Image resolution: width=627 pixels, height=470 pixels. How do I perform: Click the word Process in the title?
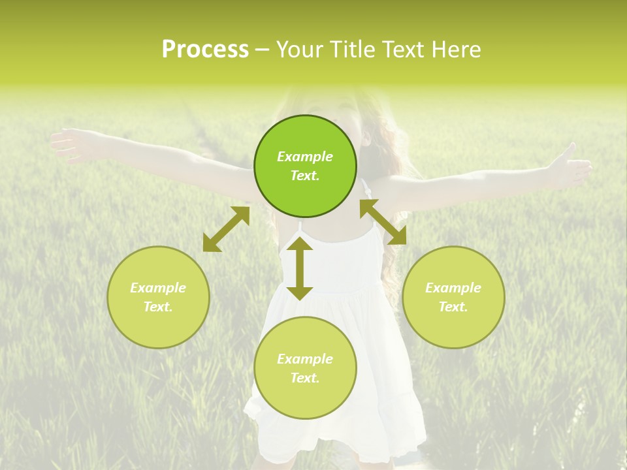coord(205,50)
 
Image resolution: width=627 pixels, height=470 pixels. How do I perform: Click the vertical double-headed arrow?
coord(300,268)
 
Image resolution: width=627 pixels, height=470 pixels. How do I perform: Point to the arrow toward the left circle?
coord(226,229)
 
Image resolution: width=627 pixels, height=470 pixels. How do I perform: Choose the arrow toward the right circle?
coord(383,222)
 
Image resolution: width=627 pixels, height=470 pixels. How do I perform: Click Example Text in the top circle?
coord(305,166)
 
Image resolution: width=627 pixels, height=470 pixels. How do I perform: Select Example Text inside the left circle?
coord(158,297)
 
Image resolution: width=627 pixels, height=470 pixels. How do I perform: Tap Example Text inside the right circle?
coord(453,297)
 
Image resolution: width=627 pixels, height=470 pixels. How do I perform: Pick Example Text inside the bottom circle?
coord(305,368)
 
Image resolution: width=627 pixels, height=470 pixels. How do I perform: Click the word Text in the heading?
coord(401,50)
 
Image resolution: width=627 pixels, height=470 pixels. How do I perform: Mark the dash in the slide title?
coord(263,50)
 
